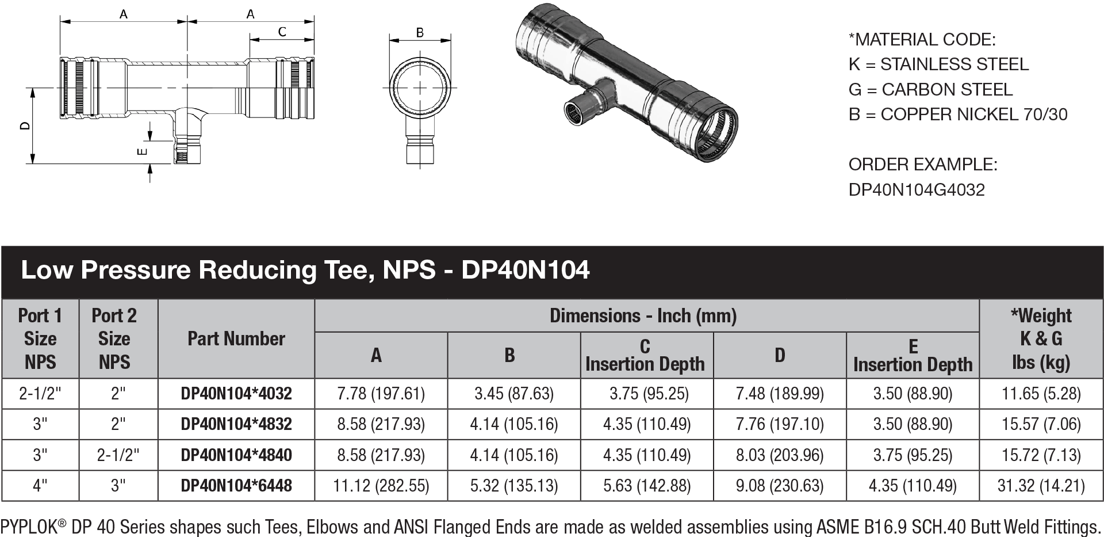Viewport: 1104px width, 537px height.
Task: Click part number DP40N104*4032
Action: pyautogui.click(x=236, y=394)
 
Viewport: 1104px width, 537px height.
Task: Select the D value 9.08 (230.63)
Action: pyautogui.click(x=780, y=486)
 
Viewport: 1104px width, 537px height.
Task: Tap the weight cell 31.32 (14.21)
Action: pyautogui.click(x=1041, y=486)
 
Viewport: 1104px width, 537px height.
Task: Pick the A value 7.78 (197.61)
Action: pyautogui.click(x=381, y=394)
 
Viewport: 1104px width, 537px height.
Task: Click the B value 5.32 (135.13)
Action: pyautogui.click(x=513, y=486)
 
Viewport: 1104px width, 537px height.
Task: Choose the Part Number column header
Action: pyautogui.click(x=236, y=338)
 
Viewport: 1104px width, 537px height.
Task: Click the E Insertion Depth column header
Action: pyautogui.click(x=913, y=355)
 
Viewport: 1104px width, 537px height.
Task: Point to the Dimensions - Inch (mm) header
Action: pyautogui.click(x=643, y=315)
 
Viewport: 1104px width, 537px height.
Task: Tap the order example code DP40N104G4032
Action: pyautogui.click(x=917, y=189)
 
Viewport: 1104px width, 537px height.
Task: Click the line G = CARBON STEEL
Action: pyautogui.click(x=930, y=89)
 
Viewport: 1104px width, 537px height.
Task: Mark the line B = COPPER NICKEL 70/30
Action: pyautogui.click(x=957, y=115)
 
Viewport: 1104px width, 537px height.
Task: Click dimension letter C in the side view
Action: pyautogui.click(x=282, y=32)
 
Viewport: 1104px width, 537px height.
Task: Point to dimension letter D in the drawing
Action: pyautogui.click(x=25, y=125)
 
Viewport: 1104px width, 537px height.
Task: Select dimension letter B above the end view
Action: pyautogui.click(x=420, y=32)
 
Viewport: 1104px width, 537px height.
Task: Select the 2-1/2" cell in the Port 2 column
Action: pyautogui.click(x=118, y=455)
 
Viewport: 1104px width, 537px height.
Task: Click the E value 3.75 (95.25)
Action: pyautogui.click(x=913, y=455)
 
